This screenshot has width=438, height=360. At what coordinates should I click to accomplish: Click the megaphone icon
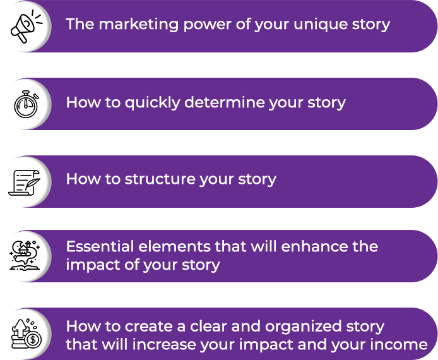26,26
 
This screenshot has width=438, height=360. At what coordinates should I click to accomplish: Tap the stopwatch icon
26,104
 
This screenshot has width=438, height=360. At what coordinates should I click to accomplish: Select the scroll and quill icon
25,183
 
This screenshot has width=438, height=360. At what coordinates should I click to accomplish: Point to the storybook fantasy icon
25,255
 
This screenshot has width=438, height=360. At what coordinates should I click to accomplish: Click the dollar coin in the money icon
33,340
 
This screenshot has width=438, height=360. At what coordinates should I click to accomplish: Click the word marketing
139,25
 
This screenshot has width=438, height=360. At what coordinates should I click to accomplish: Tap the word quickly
152,103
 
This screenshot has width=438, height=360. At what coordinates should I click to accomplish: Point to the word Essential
100,246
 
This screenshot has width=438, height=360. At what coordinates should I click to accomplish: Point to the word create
149,327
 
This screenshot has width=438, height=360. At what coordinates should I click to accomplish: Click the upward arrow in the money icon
20,329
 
